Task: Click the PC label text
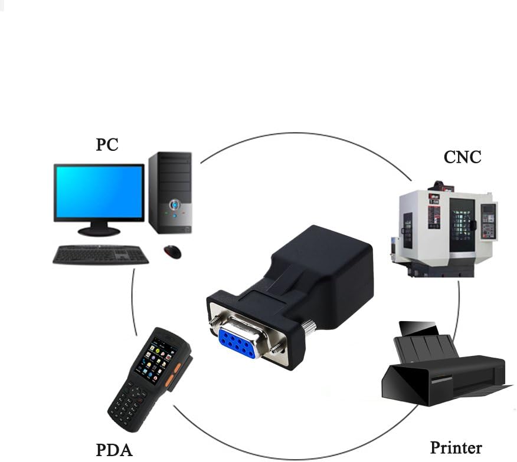pos(107,144)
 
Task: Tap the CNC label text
pos(462,157)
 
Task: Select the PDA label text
pos(114,450)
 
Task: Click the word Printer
pos(456,448)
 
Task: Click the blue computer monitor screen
pos(99,192)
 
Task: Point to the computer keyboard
pos(100,255)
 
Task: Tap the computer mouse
pos(172,252)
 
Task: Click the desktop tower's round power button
pos(175,205)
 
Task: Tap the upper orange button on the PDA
pos(178,368)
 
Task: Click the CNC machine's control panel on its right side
pos(488,220)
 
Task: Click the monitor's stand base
pos(99,231)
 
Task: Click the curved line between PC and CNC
pos(305,134)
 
